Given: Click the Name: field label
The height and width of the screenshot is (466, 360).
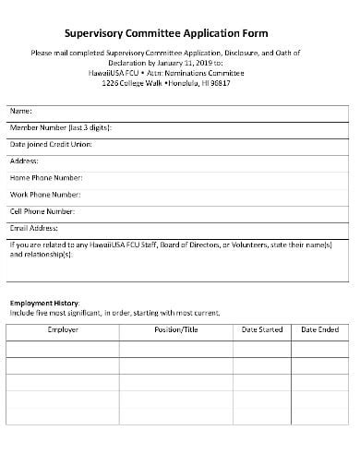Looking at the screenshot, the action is click(21, 112).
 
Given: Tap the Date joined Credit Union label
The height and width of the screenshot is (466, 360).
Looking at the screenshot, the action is click(51, 144).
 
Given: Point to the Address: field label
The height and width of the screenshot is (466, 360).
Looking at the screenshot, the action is click(24, 161).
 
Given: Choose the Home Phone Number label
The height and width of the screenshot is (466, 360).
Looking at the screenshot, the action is click(46, 177).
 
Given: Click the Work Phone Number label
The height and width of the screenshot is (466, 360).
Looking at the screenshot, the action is click(45, 194).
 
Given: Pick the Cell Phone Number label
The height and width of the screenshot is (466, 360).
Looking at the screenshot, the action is click(44, 210).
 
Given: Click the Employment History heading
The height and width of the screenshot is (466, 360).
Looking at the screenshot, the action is click(45, 303).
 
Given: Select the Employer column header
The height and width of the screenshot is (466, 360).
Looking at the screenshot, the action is click(63, 329).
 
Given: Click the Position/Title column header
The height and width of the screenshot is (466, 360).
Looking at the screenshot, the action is click(176, 329).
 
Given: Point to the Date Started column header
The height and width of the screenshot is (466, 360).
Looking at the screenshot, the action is click(262, 329).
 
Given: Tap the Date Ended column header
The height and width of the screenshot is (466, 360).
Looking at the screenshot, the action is click(320, 329).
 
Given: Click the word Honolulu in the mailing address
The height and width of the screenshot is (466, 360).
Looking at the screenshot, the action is click(193, 82).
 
